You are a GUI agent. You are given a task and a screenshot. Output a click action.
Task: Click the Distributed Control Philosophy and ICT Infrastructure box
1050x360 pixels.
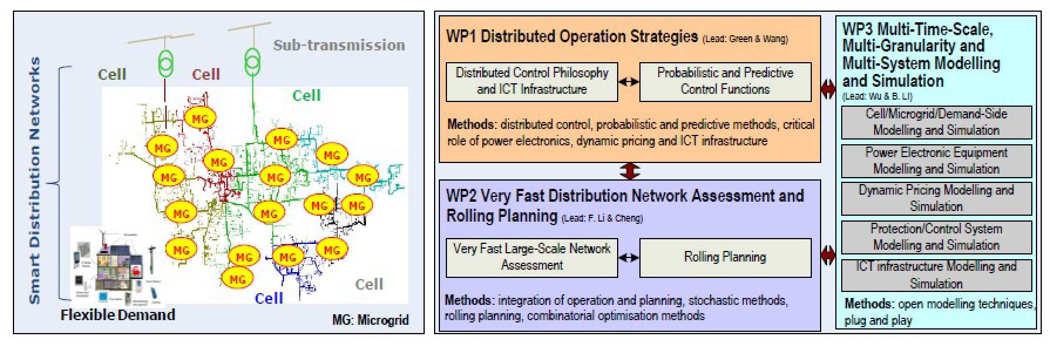(531, 81)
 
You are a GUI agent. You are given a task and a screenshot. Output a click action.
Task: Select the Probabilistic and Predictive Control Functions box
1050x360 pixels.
(725, 81)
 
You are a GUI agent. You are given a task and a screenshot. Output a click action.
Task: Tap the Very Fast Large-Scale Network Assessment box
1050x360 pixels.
(531, 257)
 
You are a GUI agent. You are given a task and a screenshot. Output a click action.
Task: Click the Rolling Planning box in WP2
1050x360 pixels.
(725, 257)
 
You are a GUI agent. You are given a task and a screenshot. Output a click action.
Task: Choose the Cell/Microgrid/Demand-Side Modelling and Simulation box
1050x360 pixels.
(936, 122)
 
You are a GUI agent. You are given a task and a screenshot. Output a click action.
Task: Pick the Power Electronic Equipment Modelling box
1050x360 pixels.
(936, 161)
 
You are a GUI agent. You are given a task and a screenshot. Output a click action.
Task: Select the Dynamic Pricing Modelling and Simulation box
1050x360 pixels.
(936, 199)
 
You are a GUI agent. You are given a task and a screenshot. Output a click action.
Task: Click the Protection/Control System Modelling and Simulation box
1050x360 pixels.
(936, 237)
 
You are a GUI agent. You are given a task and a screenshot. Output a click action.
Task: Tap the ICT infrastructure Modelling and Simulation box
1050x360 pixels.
(936, 275)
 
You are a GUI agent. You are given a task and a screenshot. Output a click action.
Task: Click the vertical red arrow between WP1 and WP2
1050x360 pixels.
(629, 171)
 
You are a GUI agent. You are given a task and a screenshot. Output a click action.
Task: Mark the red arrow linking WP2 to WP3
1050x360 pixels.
(828, 254)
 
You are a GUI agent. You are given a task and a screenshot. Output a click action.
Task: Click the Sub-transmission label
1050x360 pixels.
(339, 45)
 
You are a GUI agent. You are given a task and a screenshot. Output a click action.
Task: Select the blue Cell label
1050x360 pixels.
(269, 298)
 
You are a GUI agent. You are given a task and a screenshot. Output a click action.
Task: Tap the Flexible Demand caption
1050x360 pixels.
(118, 315)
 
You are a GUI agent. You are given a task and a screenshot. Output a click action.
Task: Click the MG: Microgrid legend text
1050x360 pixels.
(370, 320)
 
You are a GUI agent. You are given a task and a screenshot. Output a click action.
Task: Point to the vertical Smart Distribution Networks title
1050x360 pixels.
(35, 180)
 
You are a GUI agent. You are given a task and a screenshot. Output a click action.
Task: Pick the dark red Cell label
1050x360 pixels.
(206, 74)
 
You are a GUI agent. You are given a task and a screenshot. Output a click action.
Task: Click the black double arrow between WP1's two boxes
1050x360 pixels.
(628, 82)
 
